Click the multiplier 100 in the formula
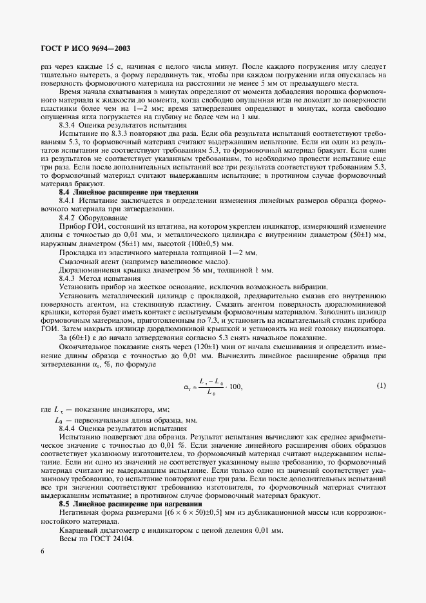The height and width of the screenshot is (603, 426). pos(237,404)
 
